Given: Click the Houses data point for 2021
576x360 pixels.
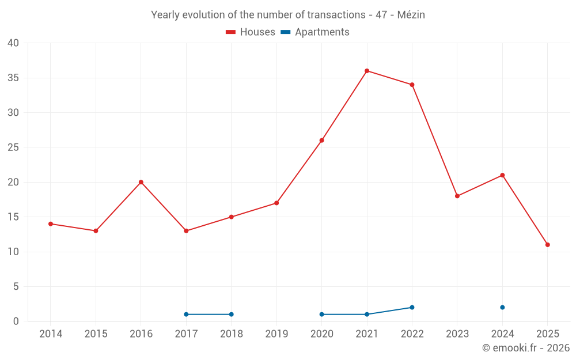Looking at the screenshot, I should [x=367, y=71].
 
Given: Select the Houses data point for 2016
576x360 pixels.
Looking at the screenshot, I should [x=141, y=182].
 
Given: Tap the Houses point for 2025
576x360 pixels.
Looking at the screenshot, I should [x=547, y=245].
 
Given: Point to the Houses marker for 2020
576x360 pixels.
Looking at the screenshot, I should [x=321, y=141].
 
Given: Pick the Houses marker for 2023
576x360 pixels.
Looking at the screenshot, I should [x=457, y=196].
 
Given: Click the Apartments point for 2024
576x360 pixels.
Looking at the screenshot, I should [x=502, y=308].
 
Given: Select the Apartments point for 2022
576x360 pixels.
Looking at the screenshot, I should [x=412, y=308].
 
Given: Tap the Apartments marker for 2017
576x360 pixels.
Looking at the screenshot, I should [x=186, y=314].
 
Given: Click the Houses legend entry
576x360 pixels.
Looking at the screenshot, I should [x=251, y=32].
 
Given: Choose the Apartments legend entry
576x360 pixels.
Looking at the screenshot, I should [x=315, y=32].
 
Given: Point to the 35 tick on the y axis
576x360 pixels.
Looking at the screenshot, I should [x=13, y=78].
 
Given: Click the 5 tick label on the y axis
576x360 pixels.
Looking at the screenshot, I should [x=16, y=287].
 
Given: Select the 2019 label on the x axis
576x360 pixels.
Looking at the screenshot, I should [x=276, y=334].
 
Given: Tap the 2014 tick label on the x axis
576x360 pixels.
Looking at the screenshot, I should [x=51, y=334].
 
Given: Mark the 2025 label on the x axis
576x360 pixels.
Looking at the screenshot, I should [x=547, y=334].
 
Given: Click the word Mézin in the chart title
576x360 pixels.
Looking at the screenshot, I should [x=411, y=15].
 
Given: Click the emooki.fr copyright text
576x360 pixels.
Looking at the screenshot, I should [x=526, y=348].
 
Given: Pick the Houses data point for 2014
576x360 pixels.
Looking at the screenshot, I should [x=51, y=224].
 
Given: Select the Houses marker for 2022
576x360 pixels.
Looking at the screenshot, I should [x=412, y=85].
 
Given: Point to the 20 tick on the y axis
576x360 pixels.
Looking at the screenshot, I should [x=13, y=182].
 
